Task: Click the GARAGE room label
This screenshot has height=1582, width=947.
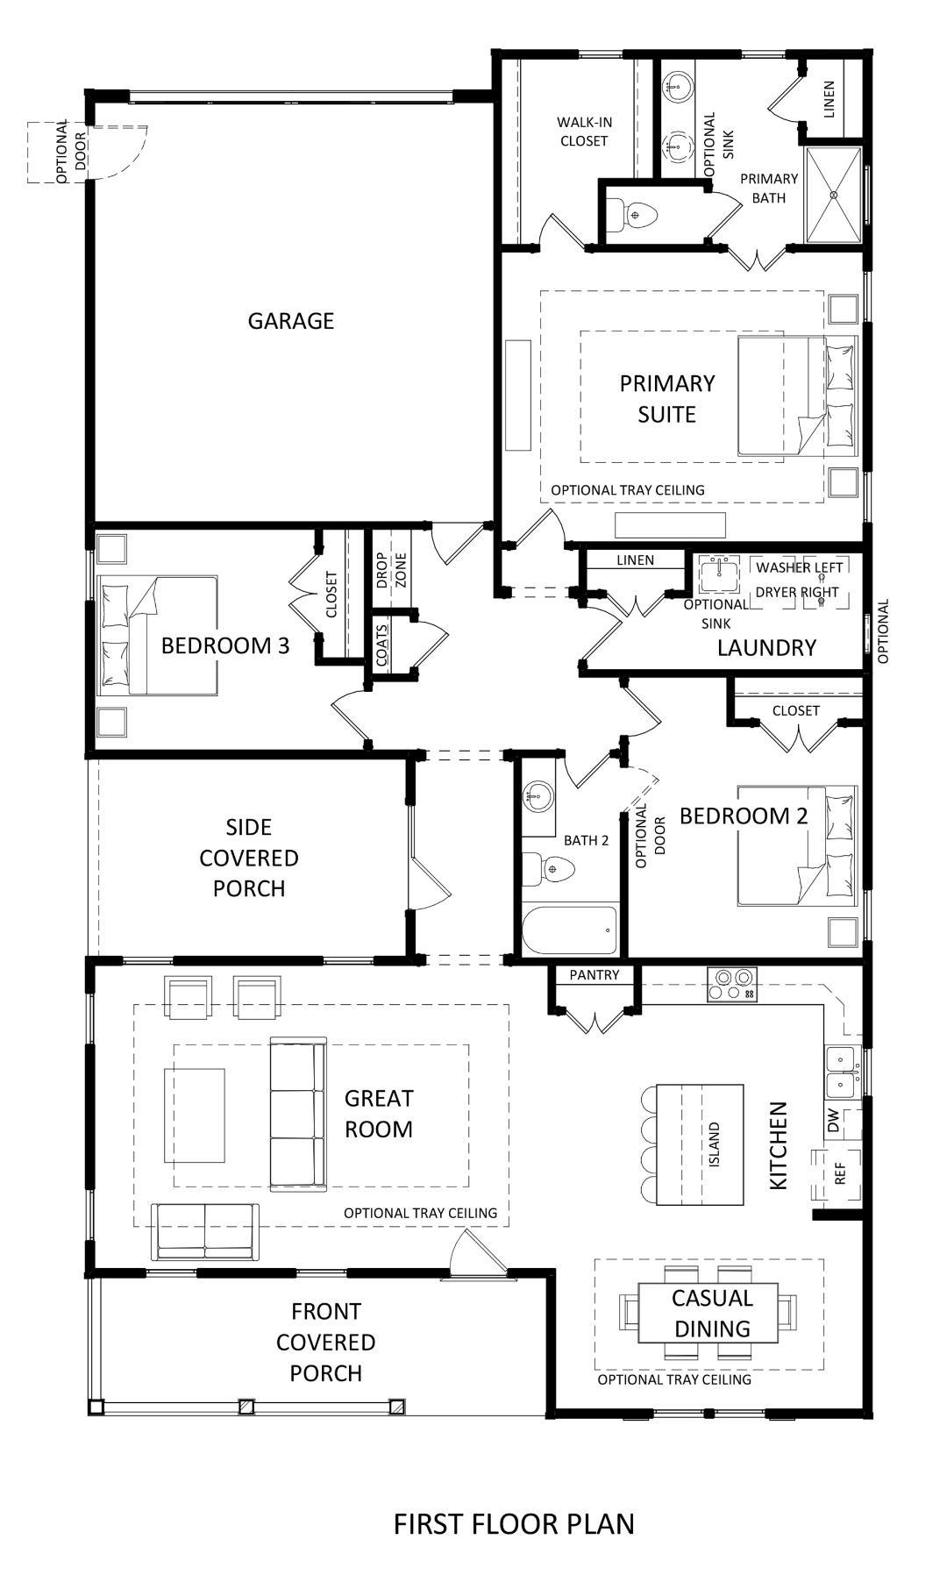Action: point(290,321)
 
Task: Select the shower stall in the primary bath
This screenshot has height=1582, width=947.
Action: point(833,195)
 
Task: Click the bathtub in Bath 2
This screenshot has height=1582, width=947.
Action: point(569,930)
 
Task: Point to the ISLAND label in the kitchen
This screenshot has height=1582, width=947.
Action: point(714,1144)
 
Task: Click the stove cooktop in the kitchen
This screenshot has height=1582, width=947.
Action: point(732,984)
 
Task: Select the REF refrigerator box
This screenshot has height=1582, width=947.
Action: point(838,1173)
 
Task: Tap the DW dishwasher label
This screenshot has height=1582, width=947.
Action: point(833,1119)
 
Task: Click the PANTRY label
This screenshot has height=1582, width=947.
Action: point(594,975)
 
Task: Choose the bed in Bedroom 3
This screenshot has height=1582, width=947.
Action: point(158,636)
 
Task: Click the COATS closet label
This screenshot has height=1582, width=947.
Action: point(381,645)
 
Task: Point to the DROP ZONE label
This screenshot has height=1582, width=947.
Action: point(391,570)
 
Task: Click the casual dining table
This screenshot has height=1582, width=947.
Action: point(708,1313)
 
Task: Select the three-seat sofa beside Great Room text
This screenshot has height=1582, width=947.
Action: point(297,1114)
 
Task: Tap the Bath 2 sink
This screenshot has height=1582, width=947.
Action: point(538,797)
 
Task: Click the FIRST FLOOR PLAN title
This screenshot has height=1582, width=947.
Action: point(514,1524)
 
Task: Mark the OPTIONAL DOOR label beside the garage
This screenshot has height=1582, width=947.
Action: point(70,152)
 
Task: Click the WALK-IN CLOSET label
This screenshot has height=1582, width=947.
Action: point(584,132)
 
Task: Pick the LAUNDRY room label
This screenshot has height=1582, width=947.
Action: point(766,648)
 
